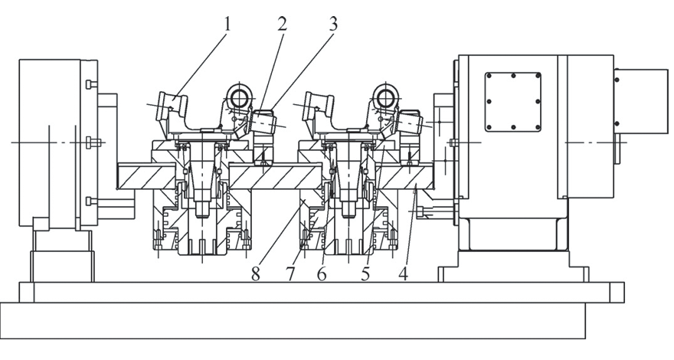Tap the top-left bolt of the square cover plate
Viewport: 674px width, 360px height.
click(488, 75)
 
